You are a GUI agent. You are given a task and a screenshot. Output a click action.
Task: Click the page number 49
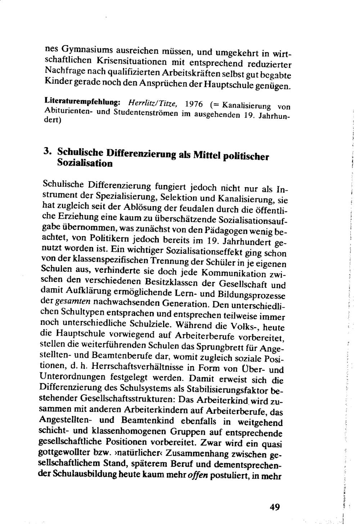tap(274, 507)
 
